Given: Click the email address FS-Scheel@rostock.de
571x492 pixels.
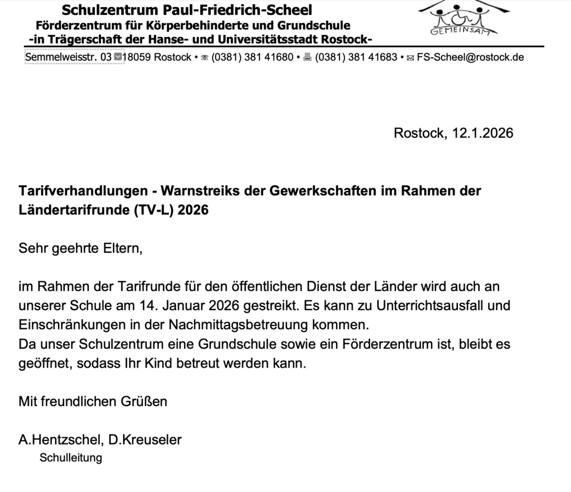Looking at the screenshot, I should [x=470, y=57].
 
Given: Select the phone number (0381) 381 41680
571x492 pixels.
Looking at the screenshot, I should [x=252, y=57].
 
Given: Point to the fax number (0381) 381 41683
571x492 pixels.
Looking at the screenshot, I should [x=356, y=57].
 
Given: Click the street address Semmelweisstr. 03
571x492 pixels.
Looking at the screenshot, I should [x=69, y=57].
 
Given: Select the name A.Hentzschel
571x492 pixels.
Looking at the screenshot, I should [x=59, y=440].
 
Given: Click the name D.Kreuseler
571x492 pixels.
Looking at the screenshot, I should [x=145, y=440].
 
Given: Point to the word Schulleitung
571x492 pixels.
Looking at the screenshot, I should [x=71, y=458].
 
